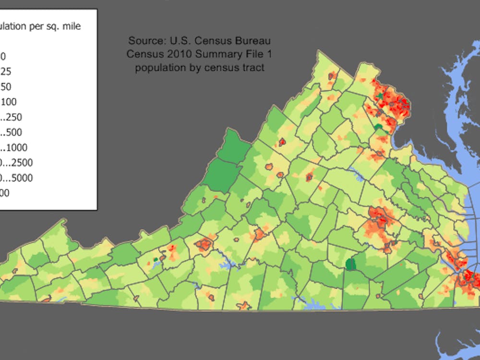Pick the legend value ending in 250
(x=12, y=117)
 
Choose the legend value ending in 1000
(x=14, y=147)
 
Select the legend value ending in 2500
(x=17, y=163)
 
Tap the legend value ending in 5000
(x=17, y=178)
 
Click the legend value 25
(x=6, y=72)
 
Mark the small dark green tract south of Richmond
(x=351, y=264)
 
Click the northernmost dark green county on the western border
(x=234, y=144)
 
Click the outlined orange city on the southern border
(x=244, y=305)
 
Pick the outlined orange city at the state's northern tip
(x=331, y=75)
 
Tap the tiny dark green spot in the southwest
(x=156, y=260)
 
